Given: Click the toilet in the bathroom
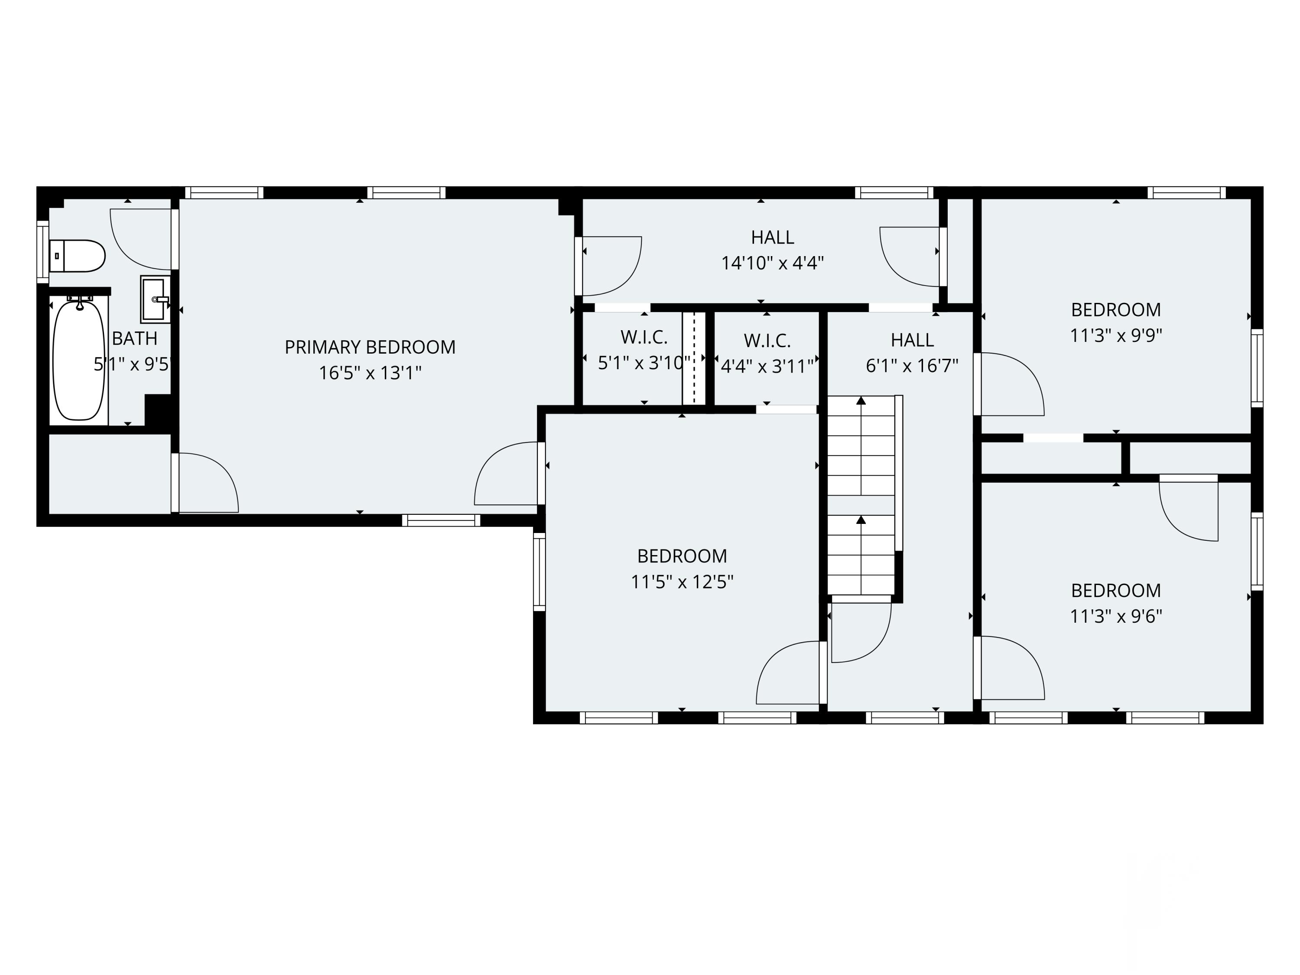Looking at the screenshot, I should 78,256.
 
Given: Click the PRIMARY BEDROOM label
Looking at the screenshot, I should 370,348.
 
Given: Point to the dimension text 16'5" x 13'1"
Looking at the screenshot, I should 370,373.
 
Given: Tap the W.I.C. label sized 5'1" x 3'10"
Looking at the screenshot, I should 643,337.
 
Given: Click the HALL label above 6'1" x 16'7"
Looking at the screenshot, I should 912,340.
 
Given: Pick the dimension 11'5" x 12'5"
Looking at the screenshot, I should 682,582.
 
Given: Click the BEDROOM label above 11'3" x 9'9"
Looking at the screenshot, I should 1115,310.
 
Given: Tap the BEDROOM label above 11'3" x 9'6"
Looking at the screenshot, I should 1115,591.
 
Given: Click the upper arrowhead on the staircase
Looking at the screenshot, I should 861,401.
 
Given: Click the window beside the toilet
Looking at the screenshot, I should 42,251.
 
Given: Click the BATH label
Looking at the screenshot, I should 135,338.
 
